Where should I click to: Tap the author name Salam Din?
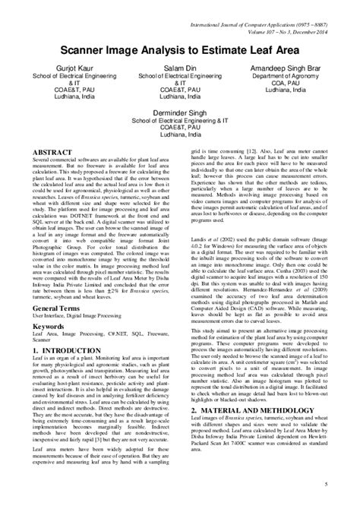179,68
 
